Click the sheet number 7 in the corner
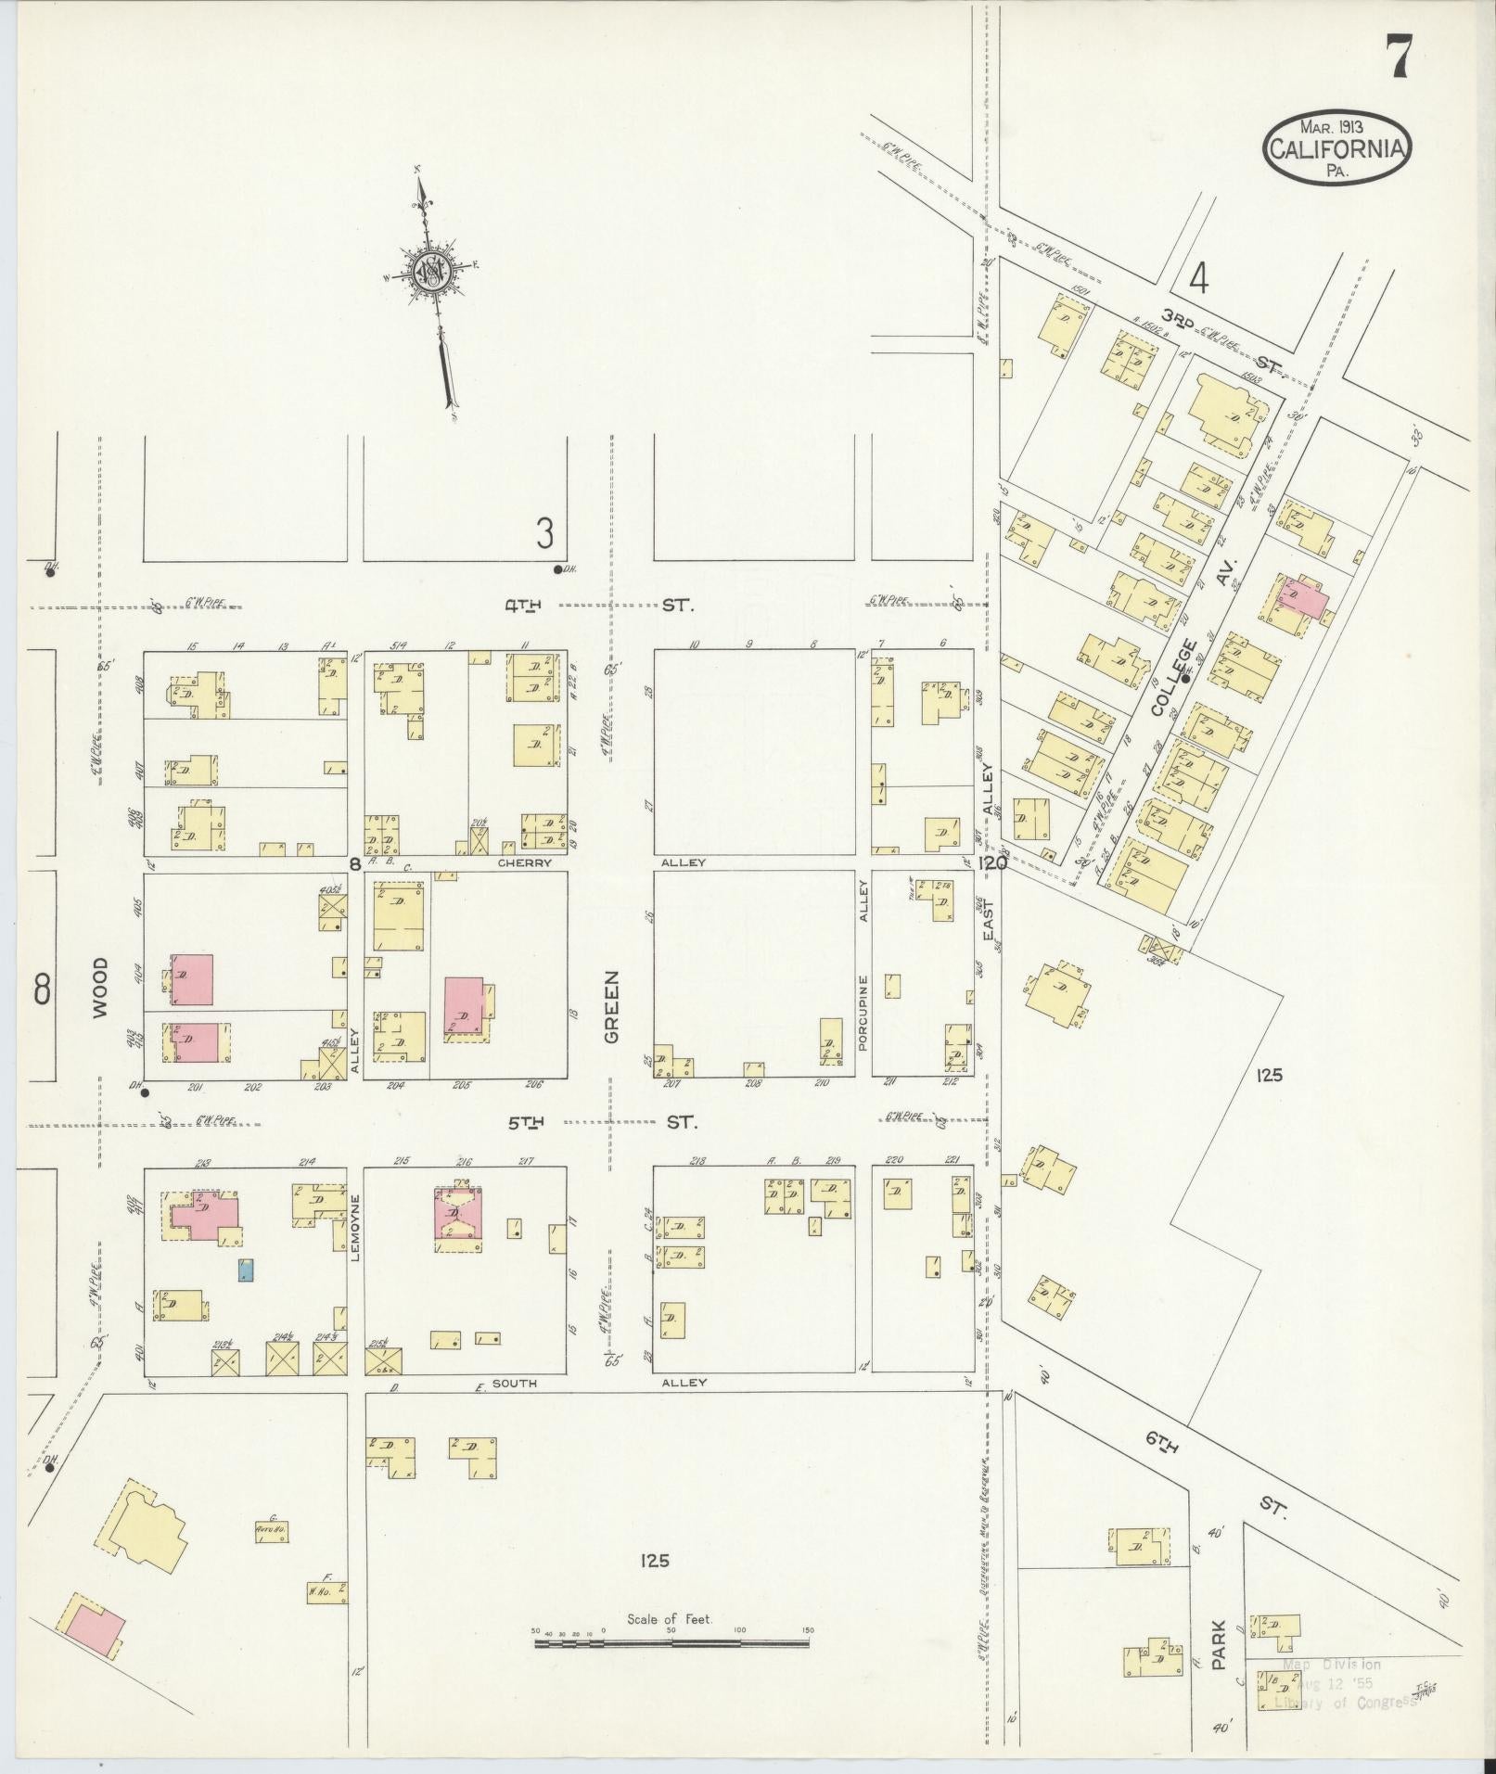[x=1400, y=57]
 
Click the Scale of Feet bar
[x=671, y=1642]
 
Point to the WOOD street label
[x=100, y=988]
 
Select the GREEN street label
[x=611, y=1008]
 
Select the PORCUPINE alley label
[x=863, y=1013]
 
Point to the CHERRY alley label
[x=525, y=862]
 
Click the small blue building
[x=246, y=1270]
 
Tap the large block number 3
[x=544, y=533]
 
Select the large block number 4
[x=1199, y=278]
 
